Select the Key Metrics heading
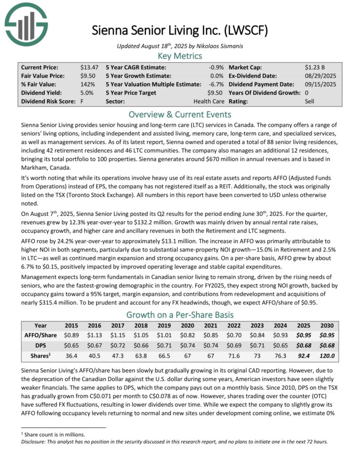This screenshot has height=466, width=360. pyautogui.click(x=180, y=56)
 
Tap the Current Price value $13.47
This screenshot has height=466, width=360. pyautogui.click(x=89, y=67)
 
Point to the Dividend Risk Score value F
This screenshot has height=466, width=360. pyautogui.click(x=82, y=101)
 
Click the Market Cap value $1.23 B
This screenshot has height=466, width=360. pyautogui.click(x=316, y=67)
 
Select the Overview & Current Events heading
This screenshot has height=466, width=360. pyautogui.click(x=180, y=114)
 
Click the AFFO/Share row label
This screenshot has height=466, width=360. pyautogui.click(x=41, y=335)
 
